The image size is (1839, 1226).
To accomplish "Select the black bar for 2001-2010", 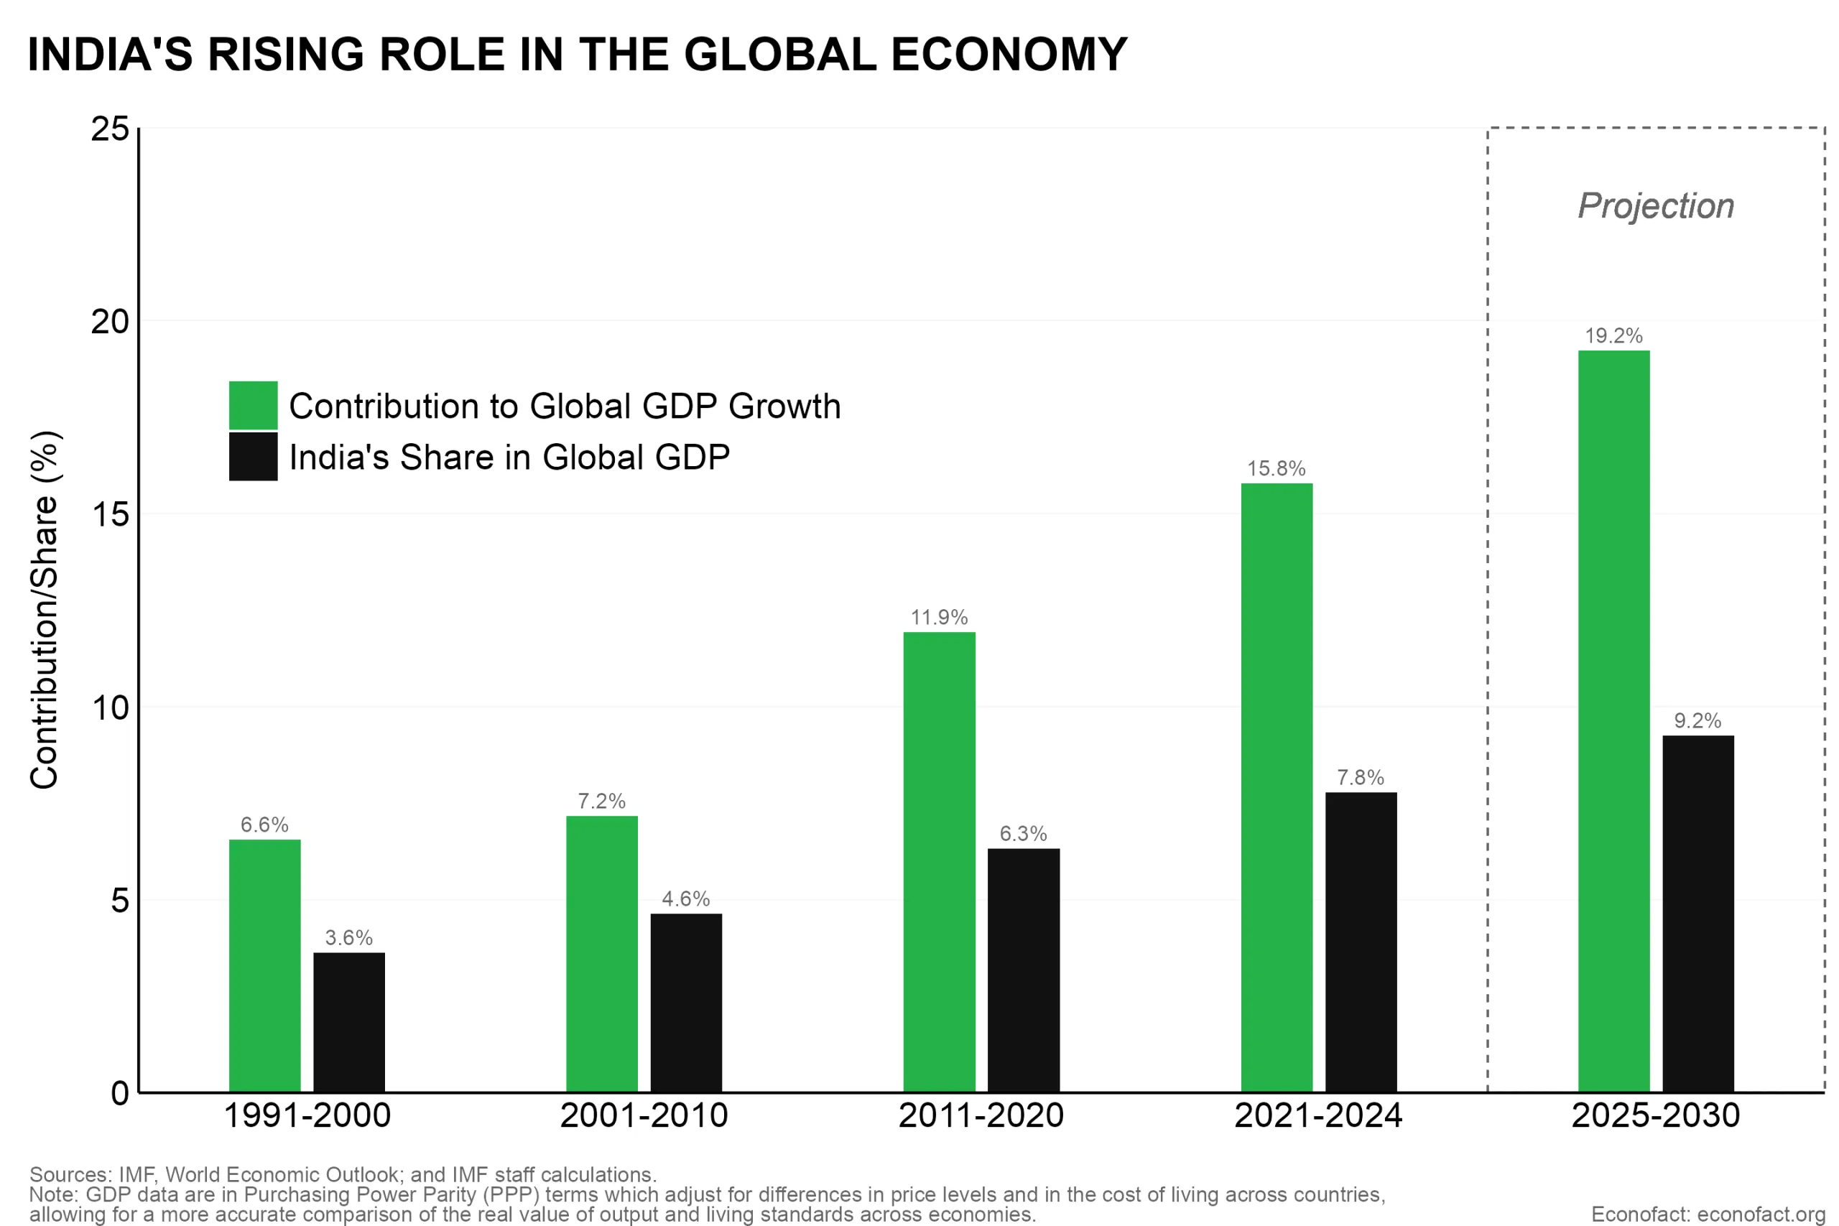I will tap(686, 1003).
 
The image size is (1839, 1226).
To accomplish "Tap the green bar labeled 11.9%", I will tap(939, 862).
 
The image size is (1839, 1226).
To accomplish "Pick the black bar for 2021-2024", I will tap(1361, 942).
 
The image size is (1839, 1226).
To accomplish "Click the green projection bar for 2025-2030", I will tap(1614, 721).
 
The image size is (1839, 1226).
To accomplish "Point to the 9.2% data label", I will tap(1697, 721).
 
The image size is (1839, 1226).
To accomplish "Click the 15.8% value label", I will tap(1276, 469).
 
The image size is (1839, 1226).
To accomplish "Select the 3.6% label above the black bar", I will tap(348, 937).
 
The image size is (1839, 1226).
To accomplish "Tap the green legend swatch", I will tap(253, 405).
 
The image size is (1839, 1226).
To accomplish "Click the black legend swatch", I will tap(253, 457).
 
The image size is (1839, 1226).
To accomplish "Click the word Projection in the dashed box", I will tap(1655, 206).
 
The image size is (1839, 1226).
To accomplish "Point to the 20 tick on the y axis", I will tap(109, 321).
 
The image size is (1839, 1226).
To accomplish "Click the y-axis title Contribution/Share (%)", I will tap(45, 610).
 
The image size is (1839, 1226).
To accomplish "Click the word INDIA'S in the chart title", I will tap(109, 55).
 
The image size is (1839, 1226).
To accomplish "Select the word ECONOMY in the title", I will tap(1009, 55).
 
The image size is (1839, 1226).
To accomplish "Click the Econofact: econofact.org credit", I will tap(1708, 1215).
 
